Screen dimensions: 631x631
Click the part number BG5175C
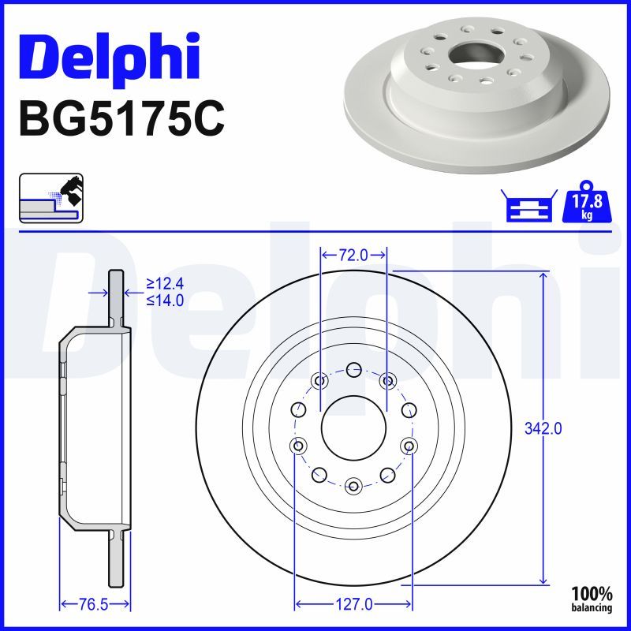click(x=121, y=119)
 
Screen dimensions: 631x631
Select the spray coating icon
click(x=50, y=197)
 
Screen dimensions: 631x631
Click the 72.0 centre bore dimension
click(x=353, y=255)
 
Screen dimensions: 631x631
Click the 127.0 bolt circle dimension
click(x=353, y=605)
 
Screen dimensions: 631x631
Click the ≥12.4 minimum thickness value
click(x=165, y=284)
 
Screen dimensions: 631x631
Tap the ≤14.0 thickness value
click(x=165, y=300)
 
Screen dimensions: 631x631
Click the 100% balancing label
click(x=592, y=599)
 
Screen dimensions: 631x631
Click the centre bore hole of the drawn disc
click(x=353, y=428)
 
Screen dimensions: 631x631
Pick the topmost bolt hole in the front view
click(x=353, y=368)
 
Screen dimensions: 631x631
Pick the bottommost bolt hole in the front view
click(x=353, y=486)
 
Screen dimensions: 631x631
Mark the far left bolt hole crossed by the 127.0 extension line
click(x=298, y=446)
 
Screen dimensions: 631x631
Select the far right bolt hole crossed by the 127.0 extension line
click(x=409, y=446)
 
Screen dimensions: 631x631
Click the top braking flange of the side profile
click(x=116, y=296)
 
